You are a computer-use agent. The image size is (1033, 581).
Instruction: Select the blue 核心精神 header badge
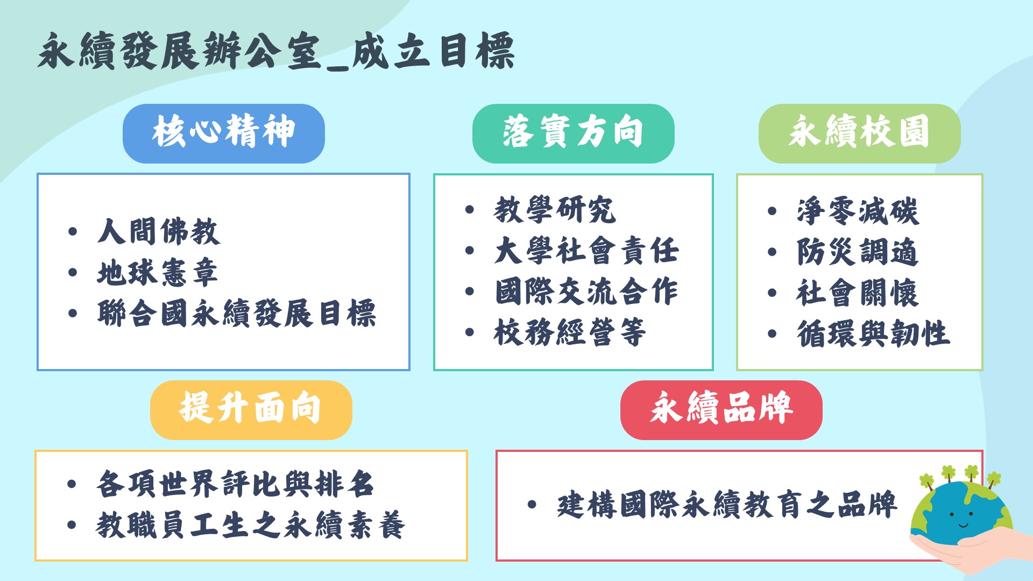223,133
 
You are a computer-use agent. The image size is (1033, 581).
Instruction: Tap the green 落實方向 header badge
573,133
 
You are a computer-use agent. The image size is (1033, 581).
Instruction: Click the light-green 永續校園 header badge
859,133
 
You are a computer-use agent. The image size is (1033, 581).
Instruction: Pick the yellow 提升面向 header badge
251,409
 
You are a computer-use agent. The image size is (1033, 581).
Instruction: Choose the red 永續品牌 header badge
721,409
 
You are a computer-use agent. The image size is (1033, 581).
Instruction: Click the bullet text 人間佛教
158,231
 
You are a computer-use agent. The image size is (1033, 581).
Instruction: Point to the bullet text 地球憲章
157,272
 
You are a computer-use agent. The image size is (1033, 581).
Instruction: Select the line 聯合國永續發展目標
237,313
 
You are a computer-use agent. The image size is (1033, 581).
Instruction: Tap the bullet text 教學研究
554,210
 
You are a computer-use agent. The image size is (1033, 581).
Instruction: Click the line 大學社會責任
586,251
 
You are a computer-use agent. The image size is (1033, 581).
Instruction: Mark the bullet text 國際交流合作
586,292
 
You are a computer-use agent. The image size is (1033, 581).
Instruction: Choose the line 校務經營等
569,332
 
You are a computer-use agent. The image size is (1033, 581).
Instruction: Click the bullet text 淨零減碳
858,211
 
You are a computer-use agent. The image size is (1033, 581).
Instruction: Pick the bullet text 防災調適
858,252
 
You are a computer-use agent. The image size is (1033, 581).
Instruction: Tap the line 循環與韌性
873,334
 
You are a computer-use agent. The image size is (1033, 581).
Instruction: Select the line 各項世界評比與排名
235,484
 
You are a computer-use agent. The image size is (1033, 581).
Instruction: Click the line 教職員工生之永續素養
251,525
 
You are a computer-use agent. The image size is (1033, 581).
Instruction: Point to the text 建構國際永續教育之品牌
726,505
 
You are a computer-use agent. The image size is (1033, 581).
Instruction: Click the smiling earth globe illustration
960,514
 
